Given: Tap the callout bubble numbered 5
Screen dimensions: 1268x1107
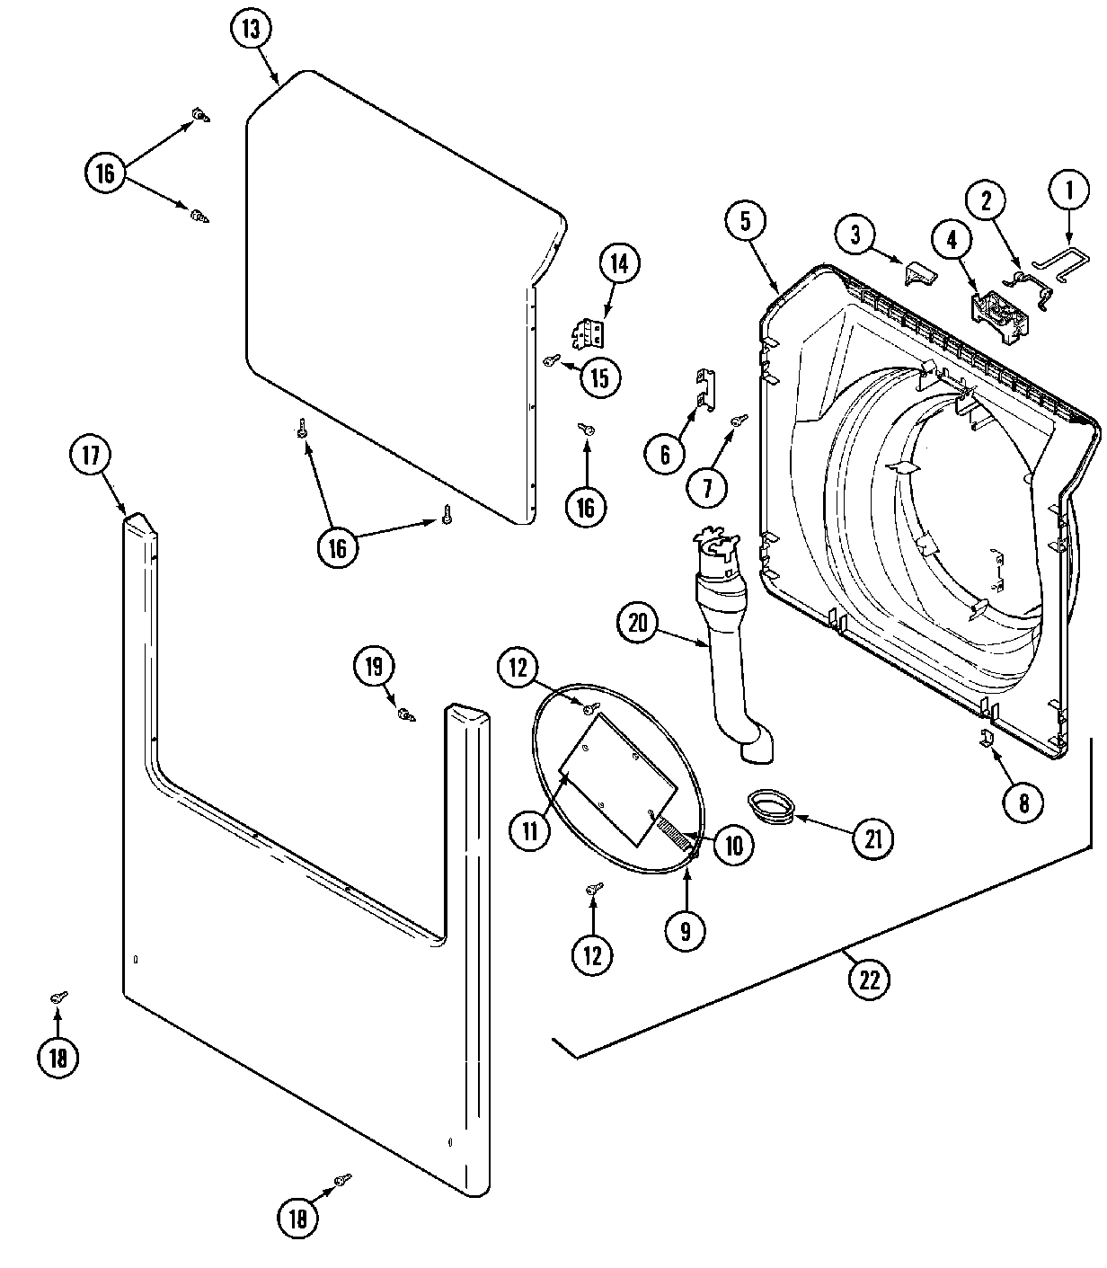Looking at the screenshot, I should coord(747,220).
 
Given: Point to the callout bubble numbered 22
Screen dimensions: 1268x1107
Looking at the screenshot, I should coord(868,979).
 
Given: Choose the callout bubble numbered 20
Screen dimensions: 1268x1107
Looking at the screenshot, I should coord(638,623).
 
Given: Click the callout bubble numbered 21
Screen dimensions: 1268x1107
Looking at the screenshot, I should coord(872,838).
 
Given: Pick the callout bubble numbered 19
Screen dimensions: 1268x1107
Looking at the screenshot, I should coord(374,667).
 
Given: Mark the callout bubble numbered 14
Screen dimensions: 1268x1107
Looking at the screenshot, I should coord(620,264).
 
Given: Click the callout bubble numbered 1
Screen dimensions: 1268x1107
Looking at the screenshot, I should coord(1069,191).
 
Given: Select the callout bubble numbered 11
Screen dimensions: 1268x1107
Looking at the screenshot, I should coord(530,831).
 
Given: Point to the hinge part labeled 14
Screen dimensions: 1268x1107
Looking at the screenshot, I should coord(589,334).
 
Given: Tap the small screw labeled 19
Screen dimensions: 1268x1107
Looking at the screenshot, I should coord(406,714).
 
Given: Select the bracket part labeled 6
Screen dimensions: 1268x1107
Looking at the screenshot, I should coord(706,390).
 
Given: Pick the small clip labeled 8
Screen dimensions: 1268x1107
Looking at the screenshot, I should coord(986,740).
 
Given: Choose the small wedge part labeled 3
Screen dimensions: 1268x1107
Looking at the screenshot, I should coord(917,272).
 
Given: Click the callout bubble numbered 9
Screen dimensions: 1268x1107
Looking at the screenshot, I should coord(686,931).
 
